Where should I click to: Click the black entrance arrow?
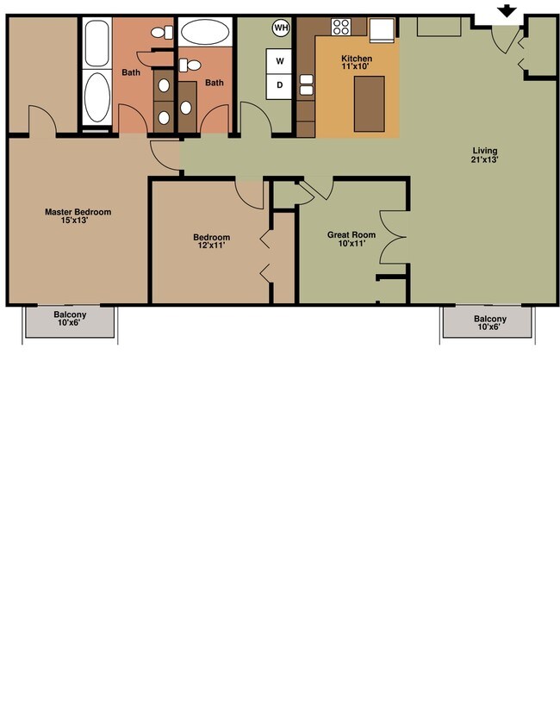click(507, 11)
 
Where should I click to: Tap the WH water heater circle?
click(281, 28)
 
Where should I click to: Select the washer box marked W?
click(280, 61)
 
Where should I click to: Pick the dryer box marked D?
click(280, 84)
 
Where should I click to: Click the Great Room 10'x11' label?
click(352, 239)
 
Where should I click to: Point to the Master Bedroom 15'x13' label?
click(78, 216)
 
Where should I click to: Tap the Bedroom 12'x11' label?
click(211, 242)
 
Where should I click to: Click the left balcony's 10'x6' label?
click(69, 320)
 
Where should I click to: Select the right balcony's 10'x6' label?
click(489, 323)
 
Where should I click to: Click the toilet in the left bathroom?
click(159, 33)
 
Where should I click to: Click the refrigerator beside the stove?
click(382, 29)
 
